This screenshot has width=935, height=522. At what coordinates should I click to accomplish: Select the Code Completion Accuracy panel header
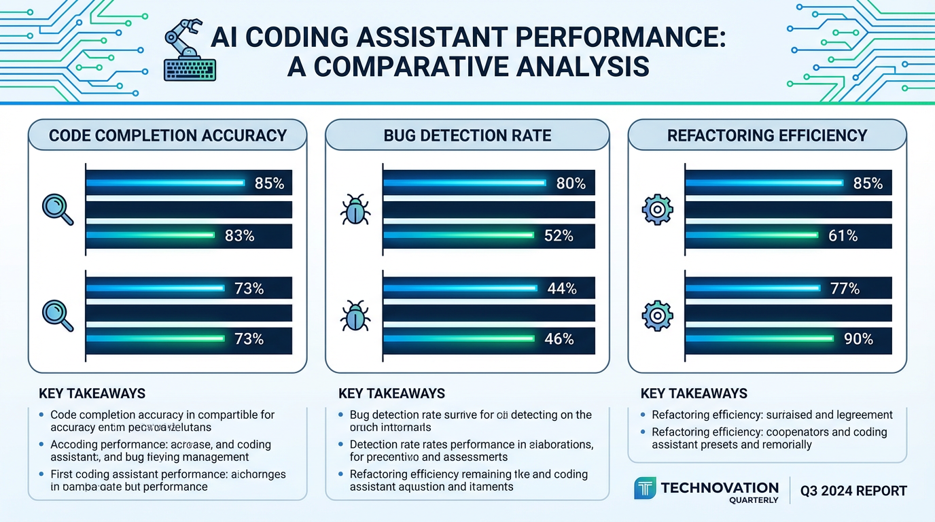pos(168,135)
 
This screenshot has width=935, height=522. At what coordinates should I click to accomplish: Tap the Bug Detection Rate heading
pos(467,135)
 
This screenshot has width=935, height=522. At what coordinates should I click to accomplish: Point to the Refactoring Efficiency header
pos(767,135)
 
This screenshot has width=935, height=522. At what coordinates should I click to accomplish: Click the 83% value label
pos(239,236)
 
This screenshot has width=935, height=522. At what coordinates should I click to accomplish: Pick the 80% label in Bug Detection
pos(571,183)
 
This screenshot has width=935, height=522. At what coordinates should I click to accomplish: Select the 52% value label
pos(559,236)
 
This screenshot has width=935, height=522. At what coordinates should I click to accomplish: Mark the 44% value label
pos(562,289)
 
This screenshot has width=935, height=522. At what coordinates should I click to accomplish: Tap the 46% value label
pos(559,338)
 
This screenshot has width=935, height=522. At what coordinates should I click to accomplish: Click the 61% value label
pos(843,236)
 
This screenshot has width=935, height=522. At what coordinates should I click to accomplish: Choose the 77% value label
pos(845,289)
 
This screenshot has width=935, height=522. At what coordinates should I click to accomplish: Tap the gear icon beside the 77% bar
pos(657,315)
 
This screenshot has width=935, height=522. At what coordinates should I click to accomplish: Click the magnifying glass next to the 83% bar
pos(58,209)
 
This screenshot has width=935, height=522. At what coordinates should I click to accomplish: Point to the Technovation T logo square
pos(645,488)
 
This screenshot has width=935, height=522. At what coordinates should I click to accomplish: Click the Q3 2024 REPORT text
pos(853,491)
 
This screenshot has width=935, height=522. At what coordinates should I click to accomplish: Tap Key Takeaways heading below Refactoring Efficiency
pos(694,394)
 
